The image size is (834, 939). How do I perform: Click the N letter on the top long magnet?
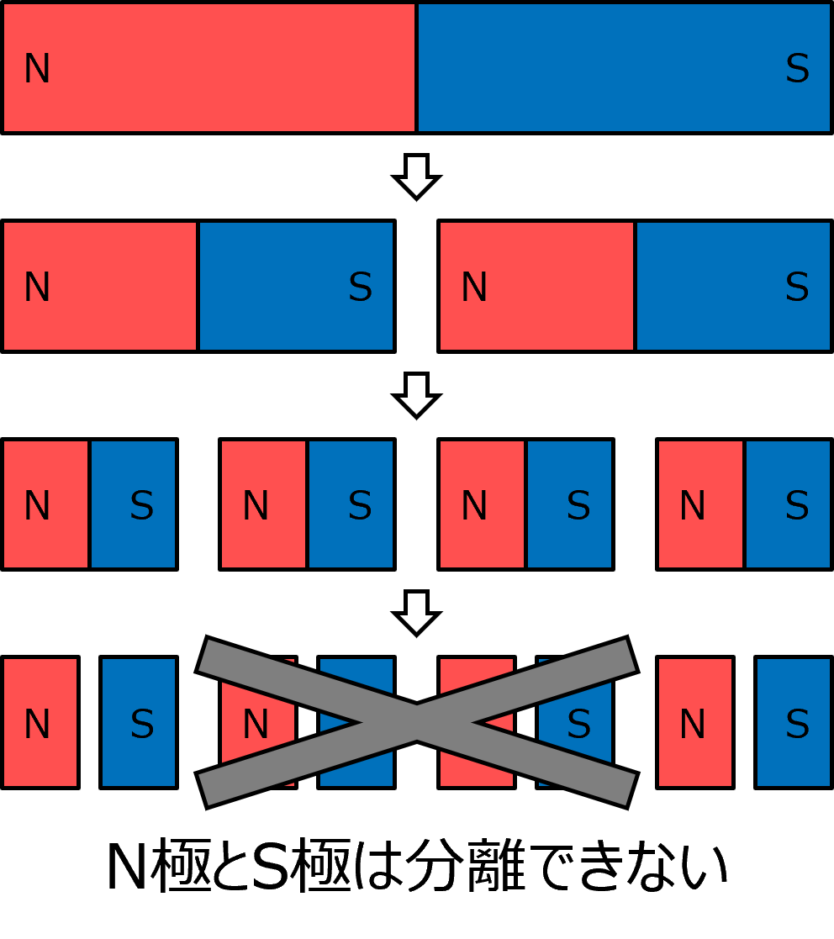point(37,69)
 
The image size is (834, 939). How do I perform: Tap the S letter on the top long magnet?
point(797,69)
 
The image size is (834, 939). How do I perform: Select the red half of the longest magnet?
point(209,67)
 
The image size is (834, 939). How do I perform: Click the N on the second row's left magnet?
point(37,288)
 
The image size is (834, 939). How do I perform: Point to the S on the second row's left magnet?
point(360,288)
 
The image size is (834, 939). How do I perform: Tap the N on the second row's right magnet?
point(474,288)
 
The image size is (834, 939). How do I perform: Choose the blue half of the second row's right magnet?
point(733,286)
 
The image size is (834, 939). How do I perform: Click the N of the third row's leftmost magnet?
point(37,506)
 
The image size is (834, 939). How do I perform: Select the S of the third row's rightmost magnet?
point(797,506)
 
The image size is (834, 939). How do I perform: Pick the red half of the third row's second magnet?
point(263,504)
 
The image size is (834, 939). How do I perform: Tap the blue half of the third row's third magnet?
point(569,504)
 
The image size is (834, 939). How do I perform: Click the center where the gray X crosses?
point(417,722)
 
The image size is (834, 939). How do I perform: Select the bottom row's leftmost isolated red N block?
point(40,723)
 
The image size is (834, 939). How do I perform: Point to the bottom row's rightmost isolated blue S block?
point(794,723)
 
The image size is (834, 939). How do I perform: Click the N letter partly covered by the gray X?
point(256,725)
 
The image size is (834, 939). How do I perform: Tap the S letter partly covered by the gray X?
point(578,725)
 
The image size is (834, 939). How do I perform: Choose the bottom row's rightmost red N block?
point(694,723)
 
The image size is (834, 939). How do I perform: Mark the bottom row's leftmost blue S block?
point(139,723)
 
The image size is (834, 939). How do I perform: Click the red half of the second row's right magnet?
point(536,286)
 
